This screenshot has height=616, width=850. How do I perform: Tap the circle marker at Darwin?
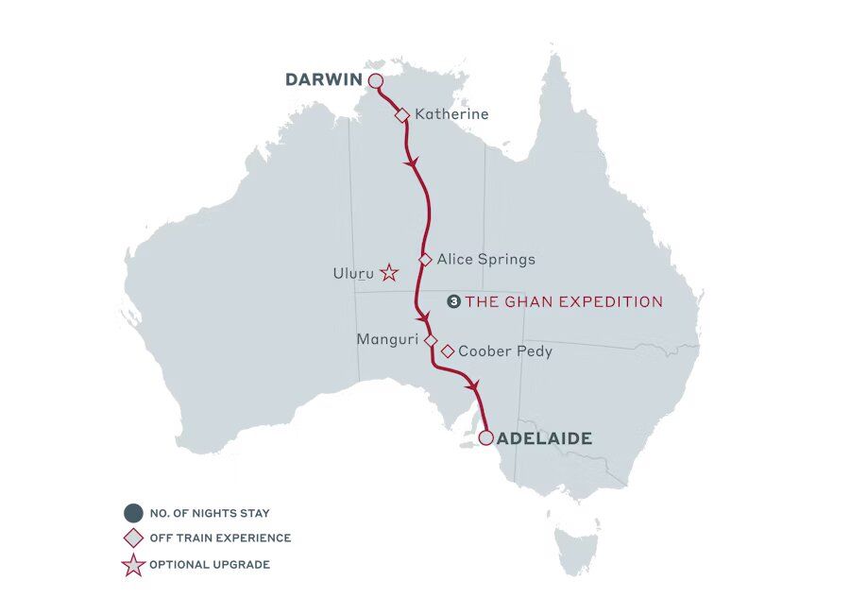click(375, 81)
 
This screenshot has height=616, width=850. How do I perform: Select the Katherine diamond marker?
click(401, 114)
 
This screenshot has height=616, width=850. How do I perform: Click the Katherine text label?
click(451, 114)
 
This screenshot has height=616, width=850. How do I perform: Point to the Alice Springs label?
click(485, 259)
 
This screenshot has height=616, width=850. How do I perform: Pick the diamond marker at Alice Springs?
click(425, 259)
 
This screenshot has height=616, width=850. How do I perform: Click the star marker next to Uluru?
click(389, 274)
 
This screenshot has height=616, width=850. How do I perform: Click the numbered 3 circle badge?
click(453, 302)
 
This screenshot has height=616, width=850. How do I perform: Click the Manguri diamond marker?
click(431, 339)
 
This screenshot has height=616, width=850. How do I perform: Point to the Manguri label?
click(387, 339)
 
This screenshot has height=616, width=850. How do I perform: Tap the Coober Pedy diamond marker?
click(448, 351)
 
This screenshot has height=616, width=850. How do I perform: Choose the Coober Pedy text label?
click(505, 351)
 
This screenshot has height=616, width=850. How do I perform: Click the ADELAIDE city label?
click(544, 438)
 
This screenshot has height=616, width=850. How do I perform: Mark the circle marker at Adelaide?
click(485, 438)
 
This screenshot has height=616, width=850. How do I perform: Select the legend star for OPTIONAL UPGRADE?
click(134, 565)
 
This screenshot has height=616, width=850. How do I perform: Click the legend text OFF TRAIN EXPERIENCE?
click(220, 539)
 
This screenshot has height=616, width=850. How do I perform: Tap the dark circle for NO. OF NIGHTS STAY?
click(134, 513)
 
